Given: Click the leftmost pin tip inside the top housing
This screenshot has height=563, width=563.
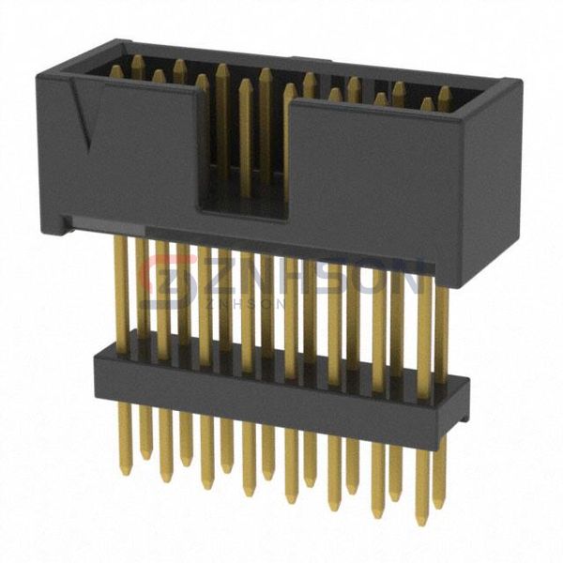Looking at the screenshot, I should coord(114,69).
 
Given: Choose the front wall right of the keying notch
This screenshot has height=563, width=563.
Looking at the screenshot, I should coord(375,178).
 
